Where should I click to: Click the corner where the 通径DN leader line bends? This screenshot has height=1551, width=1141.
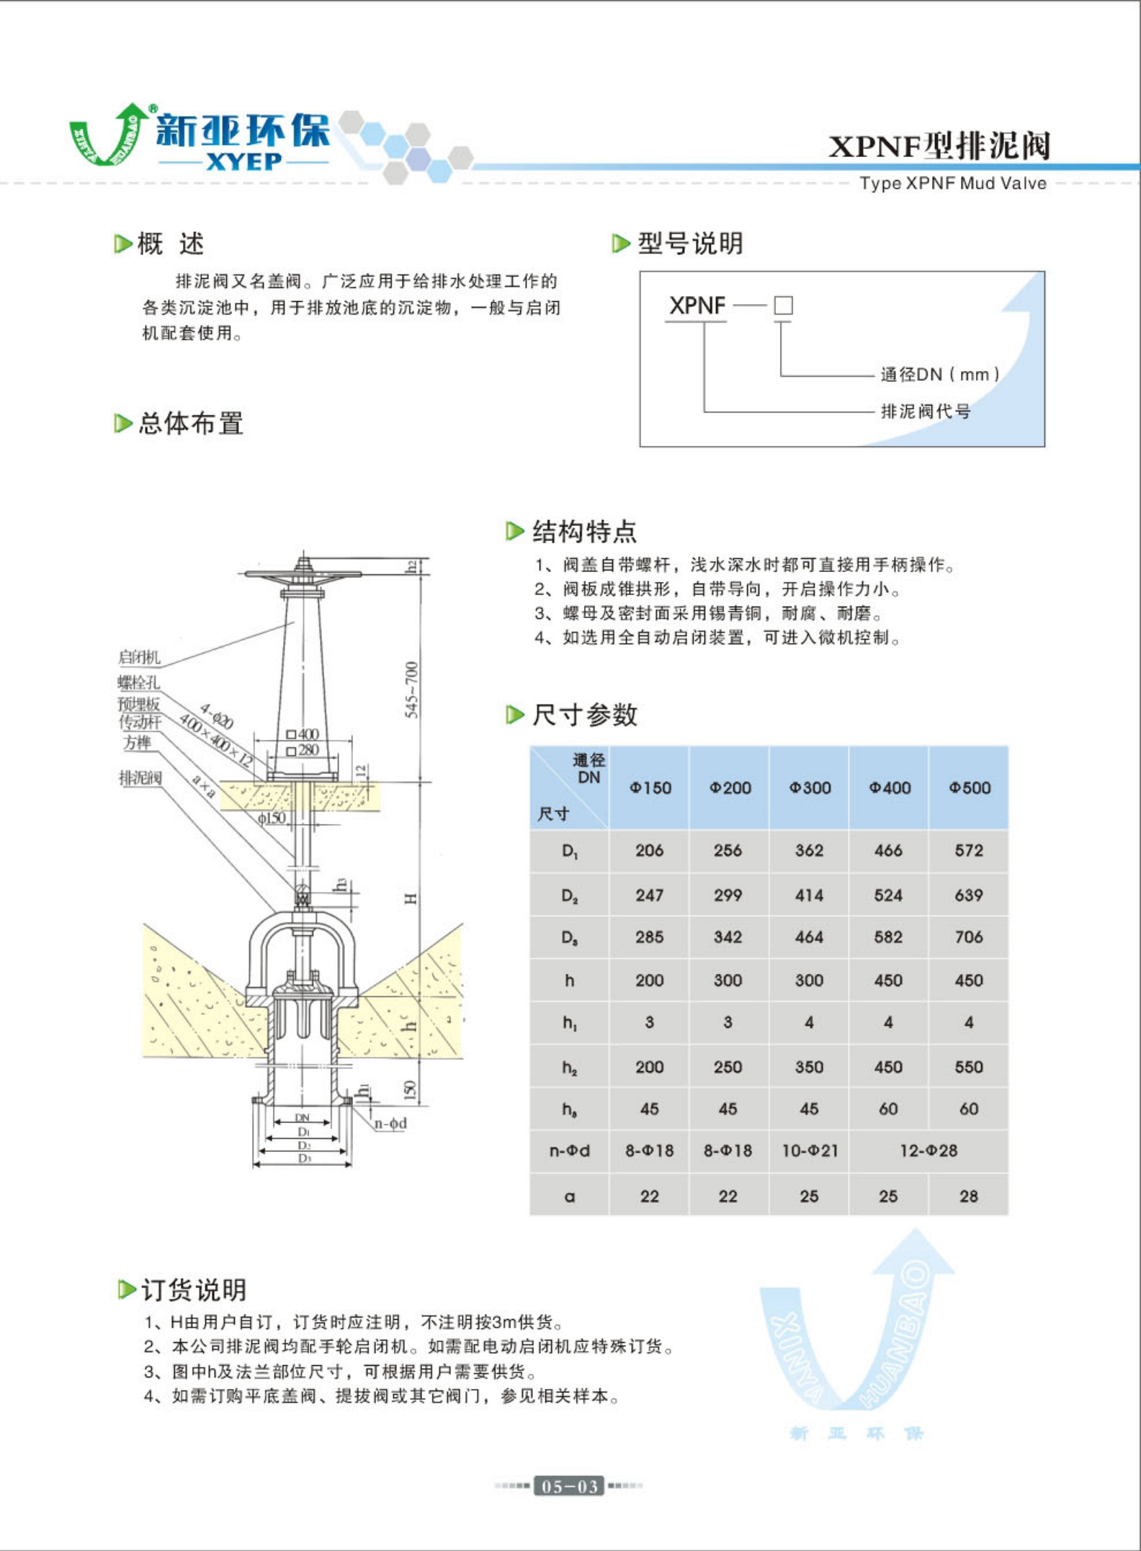click(x=782, y=376)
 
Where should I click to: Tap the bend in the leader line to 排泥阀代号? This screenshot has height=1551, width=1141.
click(x=704, y=412)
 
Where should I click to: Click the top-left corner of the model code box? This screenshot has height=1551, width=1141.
click(x=640, y=272)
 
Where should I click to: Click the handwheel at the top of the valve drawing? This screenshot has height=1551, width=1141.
click(x=303, y=573)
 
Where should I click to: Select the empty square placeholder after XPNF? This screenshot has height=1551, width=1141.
click(x=784, y=305)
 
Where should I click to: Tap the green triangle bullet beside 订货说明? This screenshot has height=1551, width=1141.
click(x=126, y=1289)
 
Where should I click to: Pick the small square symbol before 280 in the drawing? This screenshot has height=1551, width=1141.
click(x=291, y=751)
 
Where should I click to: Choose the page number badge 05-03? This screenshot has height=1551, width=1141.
click(x=569, y=1485)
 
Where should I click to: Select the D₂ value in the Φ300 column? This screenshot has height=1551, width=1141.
click(x=809, y=895)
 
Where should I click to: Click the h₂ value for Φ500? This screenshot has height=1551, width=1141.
click(x=969, y=1066)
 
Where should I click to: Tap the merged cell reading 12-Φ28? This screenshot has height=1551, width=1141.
click(x=929, y=1150)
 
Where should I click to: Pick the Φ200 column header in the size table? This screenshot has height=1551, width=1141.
click(x=730, y=787)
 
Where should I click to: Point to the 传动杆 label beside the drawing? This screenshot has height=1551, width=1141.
click(x=140, y=722)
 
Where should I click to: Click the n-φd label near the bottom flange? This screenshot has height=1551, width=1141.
click(x=390, y=1123)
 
